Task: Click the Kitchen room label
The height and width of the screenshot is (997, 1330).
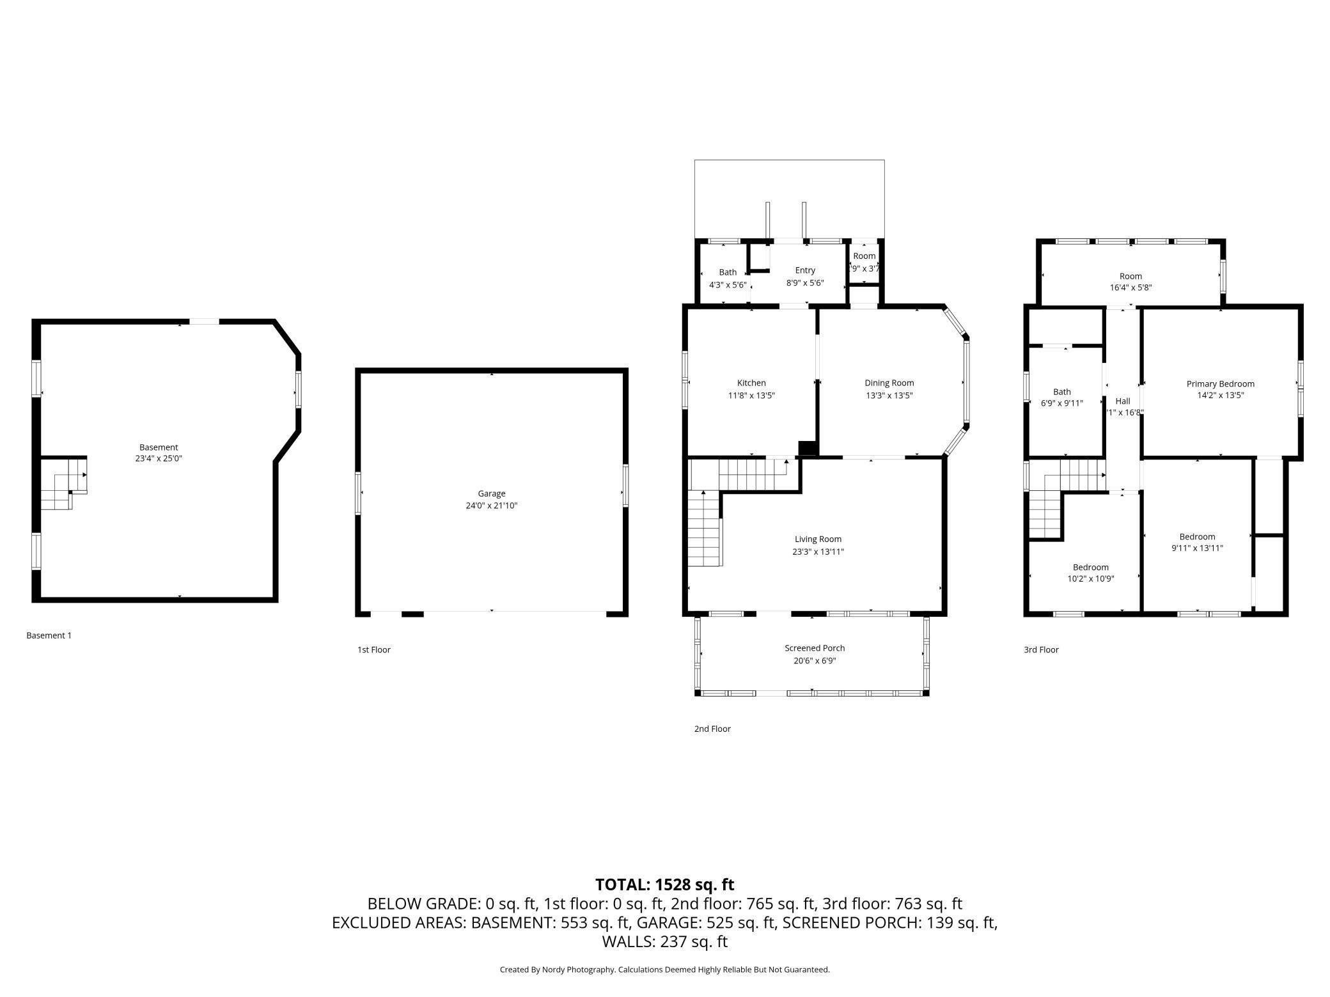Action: pyautogui.click(x=751, y=383)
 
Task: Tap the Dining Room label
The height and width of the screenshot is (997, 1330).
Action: pyautogui.click(x=889, y=383)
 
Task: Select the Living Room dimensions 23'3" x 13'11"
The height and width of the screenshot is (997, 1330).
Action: pyautogui.click(x=818, y=552)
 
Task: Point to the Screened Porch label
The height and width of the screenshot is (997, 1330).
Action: pyautogui.click(x=815, y=648)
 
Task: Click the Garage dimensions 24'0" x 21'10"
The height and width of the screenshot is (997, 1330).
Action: pyautogui.click(x=491, y=506)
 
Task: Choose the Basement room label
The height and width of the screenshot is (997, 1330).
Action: pyautogui.click(x=159, y=447)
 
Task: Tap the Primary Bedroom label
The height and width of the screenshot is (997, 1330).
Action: pyautogui.click(x=1221, y=384)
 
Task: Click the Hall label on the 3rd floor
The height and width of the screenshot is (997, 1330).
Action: pyautogui.click(x=1123, y=401)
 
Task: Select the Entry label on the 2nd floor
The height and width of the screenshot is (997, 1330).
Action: pyautogui.click(x=805, y=270)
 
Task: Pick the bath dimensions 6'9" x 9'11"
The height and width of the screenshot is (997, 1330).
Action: pyautogui.click(x=1062, y=403)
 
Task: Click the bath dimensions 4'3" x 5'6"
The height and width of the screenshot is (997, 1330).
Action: pyautogui.click(x=728, y=284)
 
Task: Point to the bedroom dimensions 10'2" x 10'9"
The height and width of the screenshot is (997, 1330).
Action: pyautogui.click(x=1091, y=579)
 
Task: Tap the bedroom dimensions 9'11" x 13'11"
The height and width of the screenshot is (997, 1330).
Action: pyautogui.click(x=1197, y=548)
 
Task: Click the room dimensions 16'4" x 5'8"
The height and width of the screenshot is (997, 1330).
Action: pyautogui.click(x=1130, y=288)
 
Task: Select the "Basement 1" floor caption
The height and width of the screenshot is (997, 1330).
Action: pyautogui.click(x=49, y=635)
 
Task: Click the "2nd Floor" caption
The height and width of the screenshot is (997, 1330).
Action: pyautogui.click(x=712, y=729)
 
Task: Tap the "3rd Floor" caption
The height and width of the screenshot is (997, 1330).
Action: pyautogui.click(x=1041, y=649)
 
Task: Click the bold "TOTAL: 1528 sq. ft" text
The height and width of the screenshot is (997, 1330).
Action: pyautogui.click(x=664, y=885)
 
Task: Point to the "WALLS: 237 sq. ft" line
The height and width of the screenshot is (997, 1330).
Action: pyautogui.click(x=664, y=941)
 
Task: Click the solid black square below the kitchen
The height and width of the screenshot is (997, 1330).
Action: pyautogui.click(x=808, y=449)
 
